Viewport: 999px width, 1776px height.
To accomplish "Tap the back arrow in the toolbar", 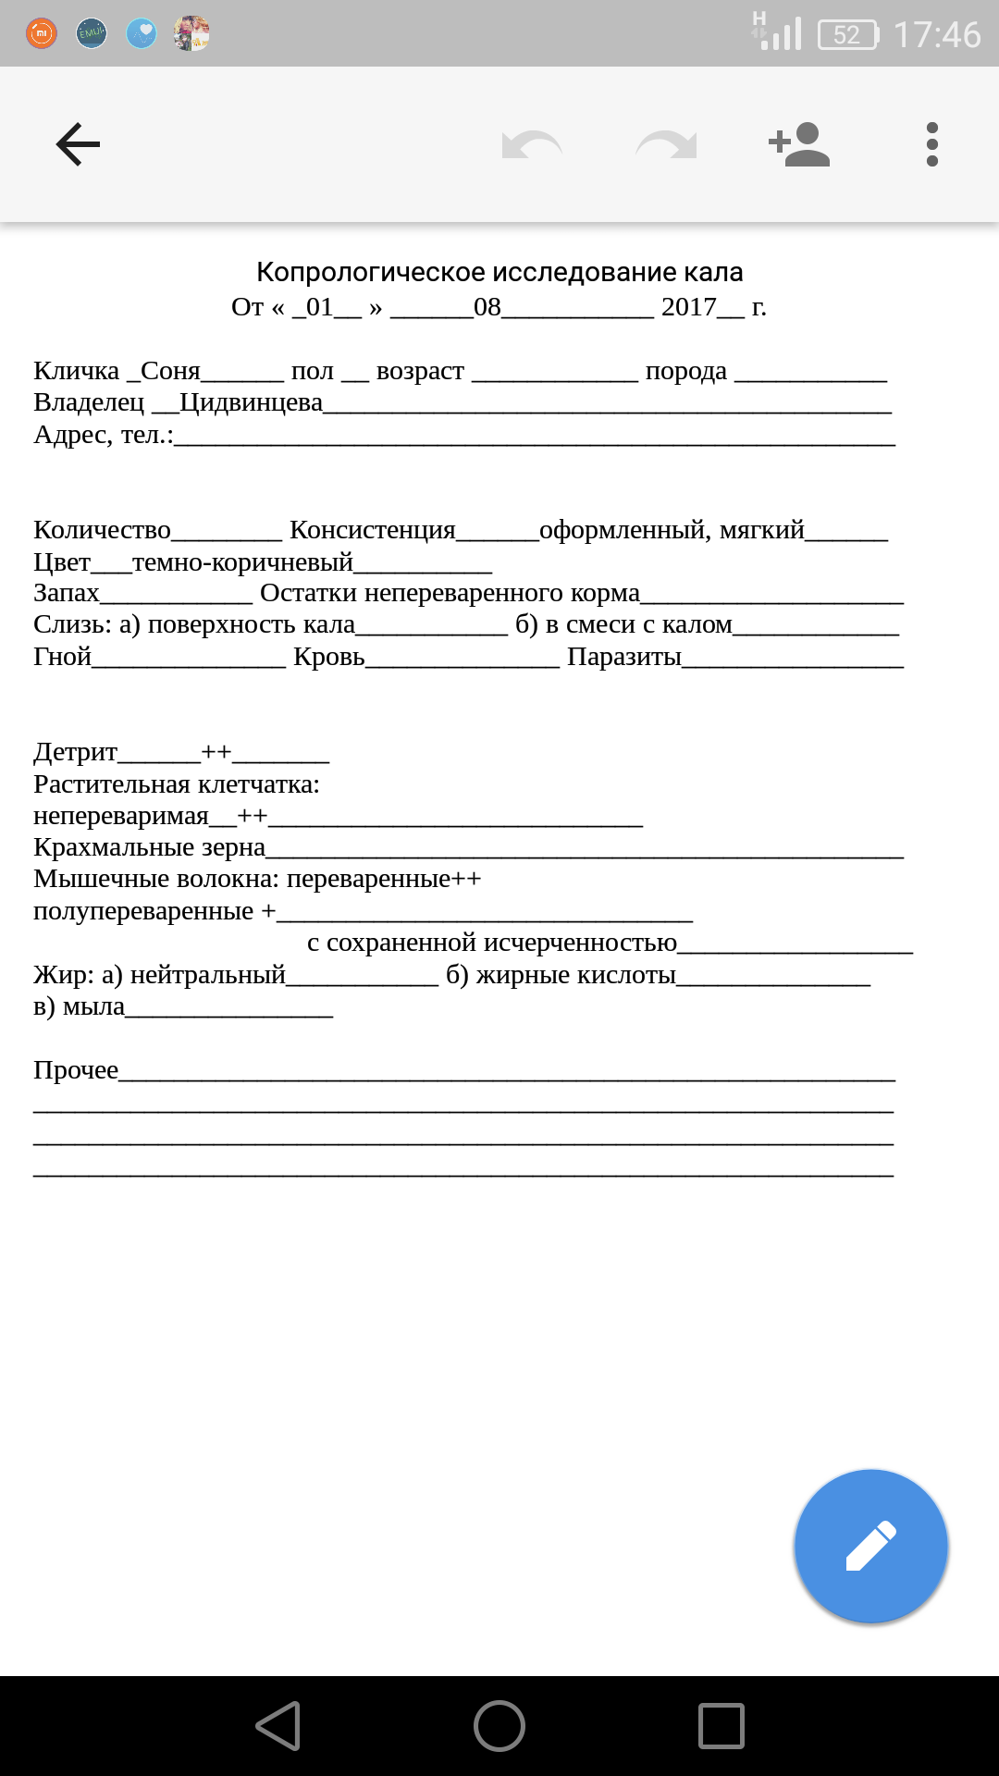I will tap(78, 144).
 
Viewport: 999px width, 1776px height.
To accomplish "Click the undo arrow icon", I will tap(532, 144).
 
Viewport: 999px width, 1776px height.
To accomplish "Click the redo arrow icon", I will tap(666, 144).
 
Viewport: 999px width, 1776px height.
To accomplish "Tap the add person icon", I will tap(799, 144).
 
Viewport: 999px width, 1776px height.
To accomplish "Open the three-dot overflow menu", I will tap(931, 144).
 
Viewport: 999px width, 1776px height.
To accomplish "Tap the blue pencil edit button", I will tap(870, 1546).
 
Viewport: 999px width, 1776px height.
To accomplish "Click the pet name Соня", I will tap(170, 371).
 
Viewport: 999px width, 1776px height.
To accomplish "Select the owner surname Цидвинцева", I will tap(251, 402).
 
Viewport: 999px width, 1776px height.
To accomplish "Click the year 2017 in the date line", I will tap(689, 307).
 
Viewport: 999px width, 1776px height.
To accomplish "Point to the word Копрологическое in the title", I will tap(371, 272).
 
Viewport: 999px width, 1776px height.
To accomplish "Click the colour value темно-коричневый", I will tap(242, 561).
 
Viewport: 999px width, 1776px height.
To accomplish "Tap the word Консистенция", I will tap(372, 530).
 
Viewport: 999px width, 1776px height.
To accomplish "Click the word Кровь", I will tap(328, 657).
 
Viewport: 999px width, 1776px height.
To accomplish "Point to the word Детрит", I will tap(76, 751).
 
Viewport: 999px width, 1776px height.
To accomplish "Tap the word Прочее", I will tap(76, 1070).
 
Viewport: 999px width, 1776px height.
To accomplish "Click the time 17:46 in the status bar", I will tap(937, 35).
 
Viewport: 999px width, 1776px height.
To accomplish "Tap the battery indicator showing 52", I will tap(847, 35).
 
